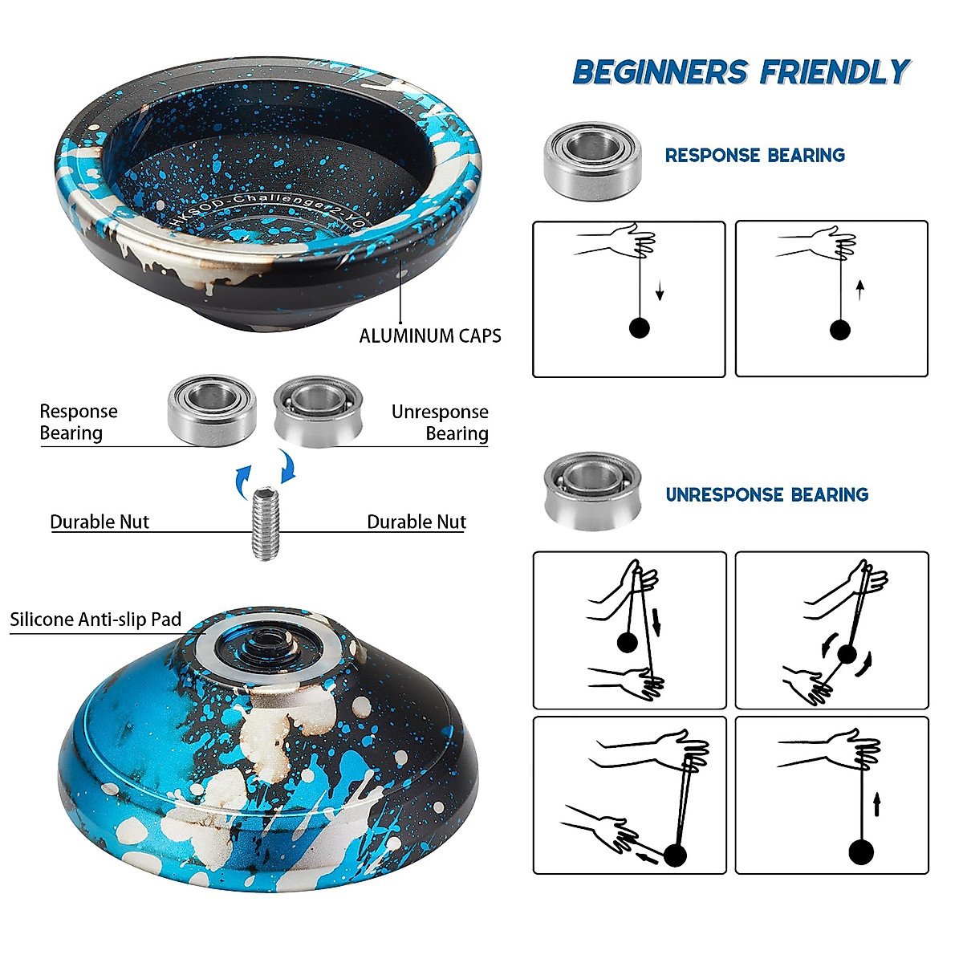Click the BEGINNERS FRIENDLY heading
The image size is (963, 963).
coord(741,72)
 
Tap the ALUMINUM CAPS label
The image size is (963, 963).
coord(429,335)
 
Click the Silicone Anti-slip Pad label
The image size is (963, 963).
coord(95,620)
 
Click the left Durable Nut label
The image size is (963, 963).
coord(100,522)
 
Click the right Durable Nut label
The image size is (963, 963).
coord(416,522)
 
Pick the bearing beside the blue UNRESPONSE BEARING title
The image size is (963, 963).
coord(592,490)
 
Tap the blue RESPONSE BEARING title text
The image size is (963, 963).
coord(754,155)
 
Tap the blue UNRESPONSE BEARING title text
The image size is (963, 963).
coord(766,494)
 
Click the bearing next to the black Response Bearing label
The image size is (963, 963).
coord(211,410)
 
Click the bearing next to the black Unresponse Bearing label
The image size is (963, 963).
coord(318,411)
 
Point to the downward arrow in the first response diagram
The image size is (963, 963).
coord(660,290)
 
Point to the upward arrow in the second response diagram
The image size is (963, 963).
coord(860,289)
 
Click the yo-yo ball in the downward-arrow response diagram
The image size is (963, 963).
coord(639,327)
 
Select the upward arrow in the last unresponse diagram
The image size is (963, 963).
coord(877,804)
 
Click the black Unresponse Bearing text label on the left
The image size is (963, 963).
coord(440,422)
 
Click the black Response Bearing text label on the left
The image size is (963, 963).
coord(78,422)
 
